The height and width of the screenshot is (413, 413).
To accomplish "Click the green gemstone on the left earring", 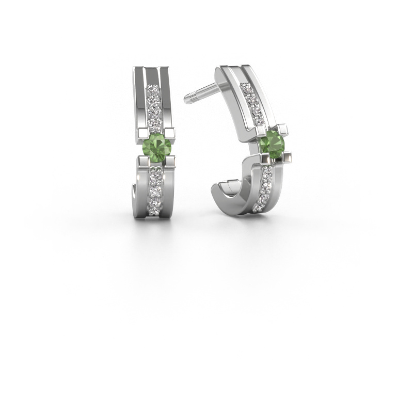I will click(153, 143).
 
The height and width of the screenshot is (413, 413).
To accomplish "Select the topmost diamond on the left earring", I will click(153, 89).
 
